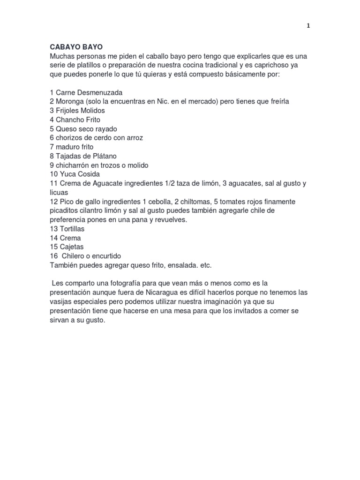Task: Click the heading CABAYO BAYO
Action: (x=76, y=47)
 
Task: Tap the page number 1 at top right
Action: (x=308, y=26)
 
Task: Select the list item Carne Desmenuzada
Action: (x=86, y=92)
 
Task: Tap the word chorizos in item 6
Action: (x=70, y=138)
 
